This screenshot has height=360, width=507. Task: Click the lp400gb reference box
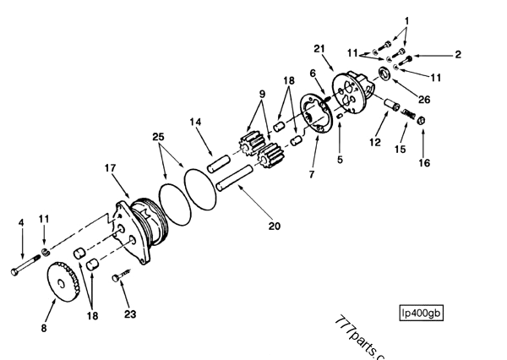(422, 314)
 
